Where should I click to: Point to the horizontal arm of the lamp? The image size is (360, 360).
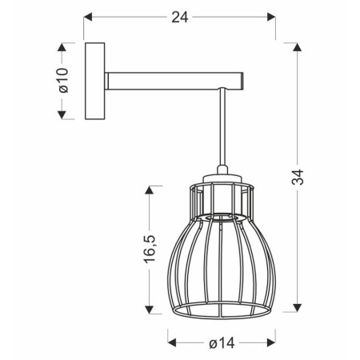(168, 80)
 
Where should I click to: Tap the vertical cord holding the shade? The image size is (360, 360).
(222, 128)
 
